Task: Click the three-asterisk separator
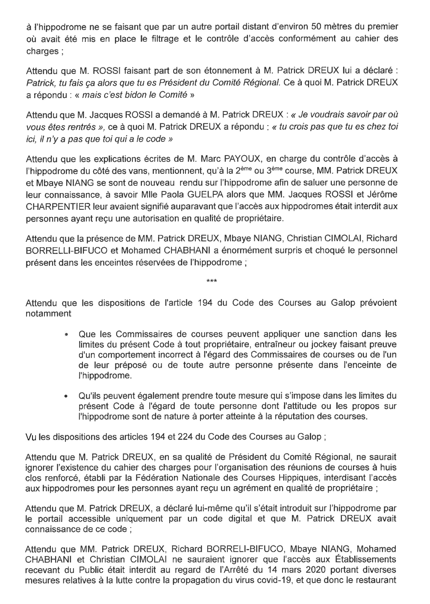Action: pyautogui.click(x=212, y=281)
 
